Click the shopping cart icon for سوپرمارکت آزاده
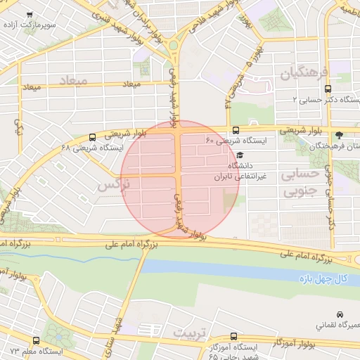pyautogui.click(x=29, y=15)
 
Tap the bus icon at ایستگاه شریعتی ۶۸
pyautogui.click(x=94, y=137)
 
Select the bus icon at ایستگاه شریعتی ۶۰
pyautogui.click(x=235, y=130)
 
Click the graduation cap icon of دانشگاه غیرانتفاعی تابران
pyautogui.click(x=239, y=155)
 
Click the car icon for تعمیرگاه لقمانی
pyautogui.click(x=340, y=314)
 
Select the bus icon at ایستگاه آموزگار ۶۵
pyautogui.click(x=233, y=337)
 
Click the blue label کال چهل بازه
pyautogui.click(x=321, y=279)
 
